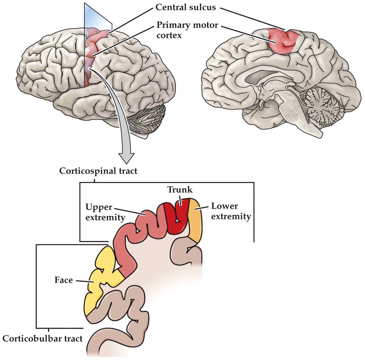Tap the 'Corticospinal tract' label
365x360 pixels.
tap(98, 171)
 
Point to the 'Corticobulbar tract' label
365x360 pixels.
tap(43, 338)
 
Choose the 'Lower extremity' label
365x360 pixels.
tap(230, 211)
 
